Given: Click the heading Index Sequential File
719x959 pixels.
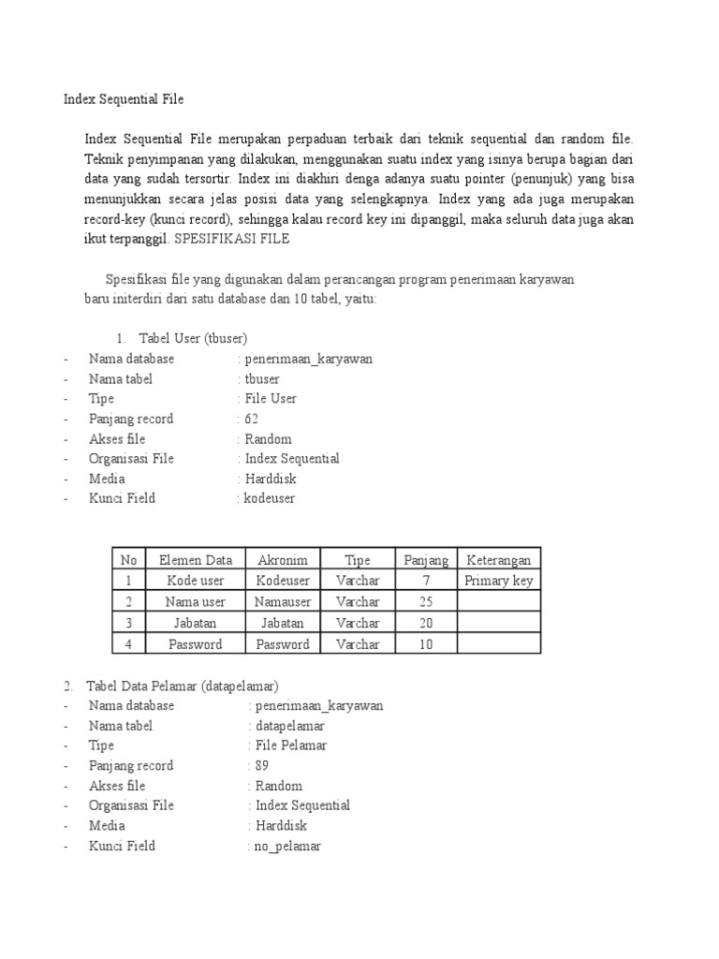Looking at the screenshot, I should click(x=123, y=97).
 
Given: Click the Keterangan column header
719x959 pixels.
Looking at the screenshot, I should click(x=498, y=560).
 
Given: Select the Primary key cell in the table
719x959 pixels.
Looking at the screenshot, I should click(x=498, y=581).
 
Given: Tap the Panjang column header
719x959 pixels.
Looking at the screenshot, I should click(x=426, y=560).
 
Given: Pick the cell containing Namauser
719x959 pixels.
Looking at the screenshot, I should click(x=283, y=601).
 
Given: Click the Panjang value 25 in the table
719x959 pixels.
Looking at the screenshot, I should click(x=426, y=601).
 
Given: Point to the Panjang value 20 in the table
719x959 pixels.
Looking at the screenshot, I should click(x=426, y=623).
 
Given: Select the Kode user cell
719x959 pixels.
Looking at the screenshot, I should click(x=195, y=581).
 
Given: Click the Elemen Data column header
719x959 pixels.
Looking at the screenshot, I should click(x=195, y=560).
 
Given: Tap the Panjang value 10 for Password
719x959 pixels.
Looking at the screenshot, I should click(x=426, y=644).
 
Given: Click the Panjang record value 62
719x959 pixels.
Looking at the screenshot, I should click(x=251, y=419).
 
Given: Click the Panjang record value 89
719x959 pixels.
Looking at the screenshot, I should click(x=261, y=765).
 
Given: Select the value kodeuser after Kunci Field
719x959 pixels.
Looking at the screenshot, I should click(x=269, y=498).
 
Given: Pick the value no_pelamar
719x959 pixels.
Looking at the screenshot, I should click(x=287, y=846).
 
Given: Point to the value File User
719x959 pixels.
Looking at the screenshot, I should click(x=271, y=398).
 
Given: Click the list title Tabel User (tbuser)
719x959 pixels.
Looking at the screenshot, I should click(x=193, y=338).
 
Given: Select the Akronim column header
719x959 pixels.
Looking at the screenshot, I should click(x=283, y=560).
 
